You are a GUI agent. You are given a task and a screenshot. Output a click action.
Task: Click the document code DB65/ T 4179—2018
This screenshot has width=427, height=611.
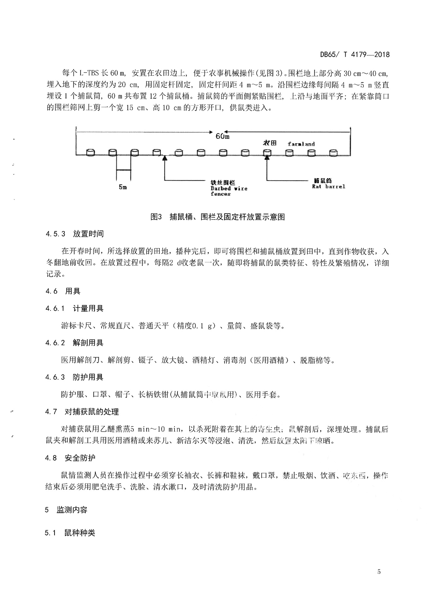coord(354,55)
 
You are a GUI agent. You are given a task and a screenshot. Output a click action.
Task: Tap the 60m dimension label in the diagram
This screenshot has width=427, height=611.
coord(222,136)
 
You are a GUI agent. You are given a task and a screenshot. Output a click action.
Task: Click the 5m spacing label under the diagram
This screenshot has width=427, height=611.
coord(123,187)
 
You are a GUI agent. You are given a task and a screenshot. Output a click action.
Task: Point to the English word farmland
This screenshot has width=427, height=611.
coord(301,144)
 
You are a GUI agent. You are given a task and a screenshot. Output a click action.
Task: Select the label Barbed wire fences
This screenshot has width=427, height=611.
coord(229,188)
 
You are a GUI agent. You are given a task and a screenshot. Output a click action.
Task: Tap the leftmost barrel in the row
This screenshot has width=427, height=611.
coord(90,152)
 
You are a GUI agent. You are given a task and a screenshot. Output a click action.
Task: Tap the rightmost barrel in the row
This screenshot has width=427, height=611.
coord(333,152)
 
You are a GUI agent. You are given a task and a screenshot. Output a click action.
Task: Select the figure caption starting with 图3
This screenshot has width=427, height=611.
coord(218,217)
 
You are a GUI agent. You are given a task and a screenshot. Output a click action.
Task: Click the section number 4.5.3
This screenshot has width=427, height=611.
coord(55,234)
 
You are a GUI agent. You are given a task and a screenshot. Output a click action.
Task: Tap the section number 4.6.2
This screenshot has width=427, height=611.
coord(55,343)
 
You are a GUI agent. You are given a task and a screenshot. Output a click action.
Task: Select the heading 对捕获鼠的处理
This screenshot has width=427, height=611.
coord(92,412)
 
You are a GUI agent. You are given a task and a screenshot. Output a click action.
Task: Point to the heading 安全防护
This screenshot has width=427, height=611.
coord(80,458)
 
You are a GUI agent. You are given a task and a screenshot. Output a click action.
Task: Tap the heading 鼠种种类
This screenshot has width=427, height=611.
coord(80,533)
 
